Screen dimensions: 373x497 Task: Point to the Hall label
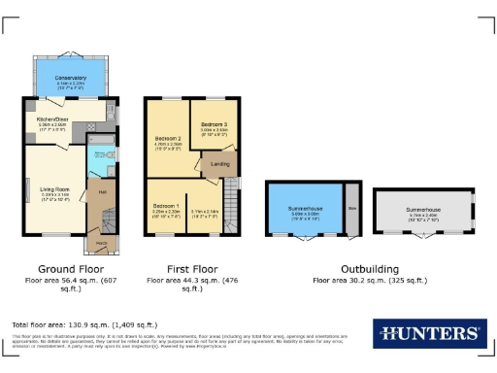(x=101, y=191)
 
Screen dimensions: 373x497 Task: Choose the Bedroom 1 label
(x=164, y=207)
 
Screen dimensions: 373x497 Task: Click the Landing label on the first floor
(x=219, y=164)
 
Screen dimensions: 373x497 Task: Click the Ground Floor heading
(x=71, y=268)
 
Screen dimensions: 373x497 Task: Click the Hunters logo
(x=428, y=332)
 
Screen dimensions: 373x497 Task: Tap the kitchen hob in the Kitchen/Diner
(x=111, y=124)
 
